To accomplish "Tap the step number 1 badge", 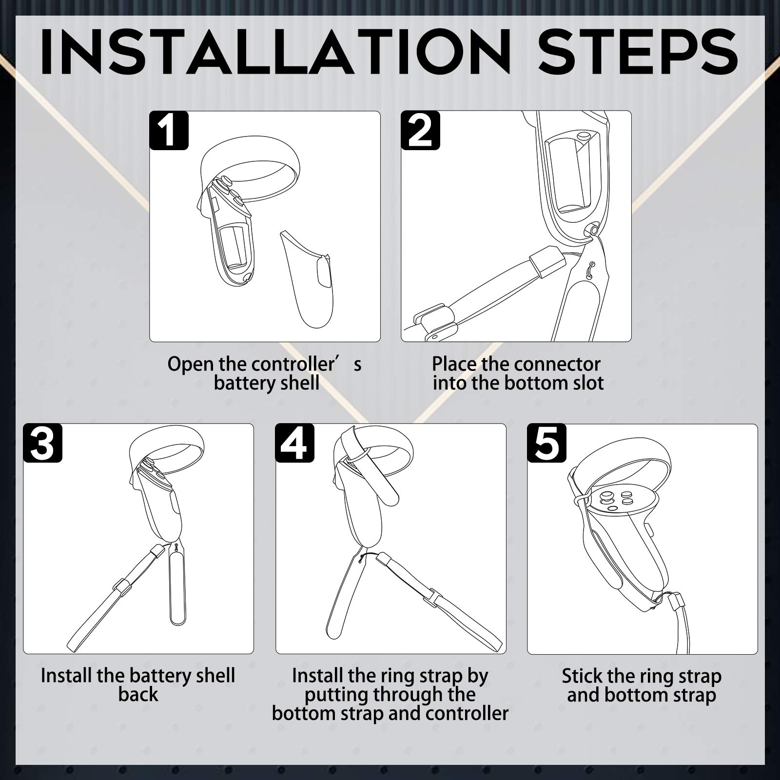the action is coord(169,130).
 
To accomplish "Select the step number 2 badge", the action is coord(420,130).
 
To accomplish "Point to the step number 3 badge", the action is coord(43,443).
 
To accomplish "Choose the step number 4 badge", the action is coord(295,443).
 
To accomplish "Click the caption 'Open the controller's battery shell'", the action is coord(265,373).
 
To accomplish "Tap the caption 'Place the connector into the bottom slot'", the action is coord(518,373).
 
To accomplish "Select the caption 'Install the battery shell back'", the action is coord(138,685).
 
